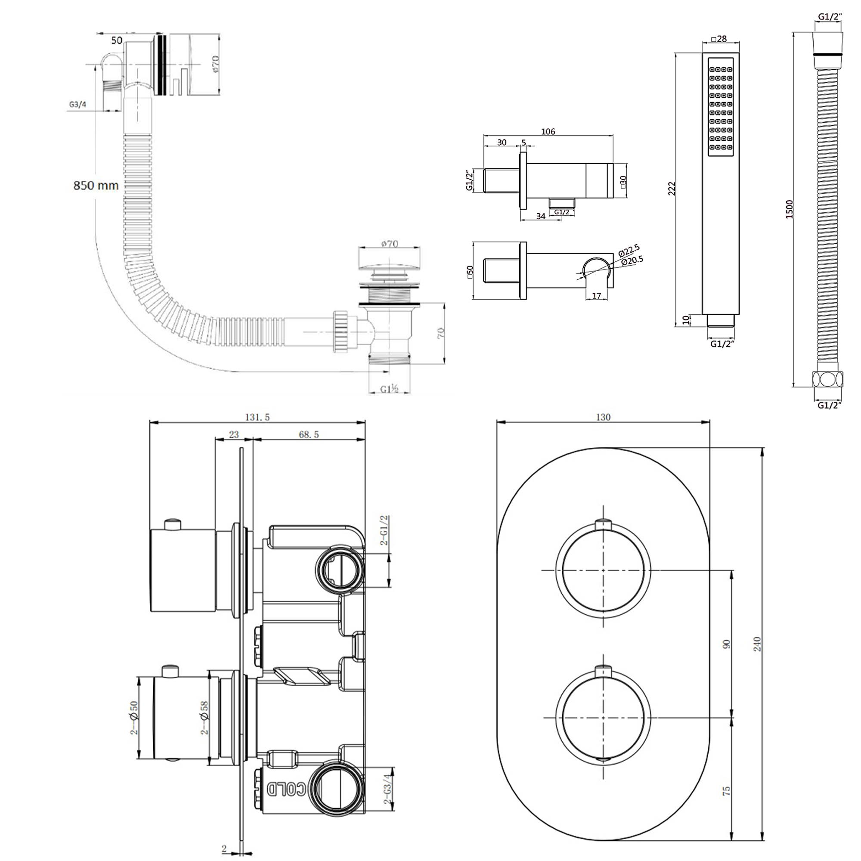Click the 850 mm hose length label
point(96,186)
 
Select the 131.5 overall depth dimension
point(257,417)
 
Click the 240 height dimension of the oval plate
point(757,644)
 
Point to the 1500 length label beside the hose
point(789,209)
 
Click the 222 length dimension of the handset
point(672,189)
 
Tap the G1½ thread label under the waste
point(389,389)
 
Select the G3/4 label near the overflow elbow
point(77,105)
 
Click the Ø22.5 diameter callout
point(629,250)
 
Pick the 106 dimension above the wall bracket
point(548,131)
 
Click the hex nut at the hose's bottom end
point(827,379)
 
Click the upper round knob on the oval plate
point(603,570)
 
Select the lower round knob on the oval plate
point(603,718)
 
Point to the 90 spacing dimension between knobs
point(726,644)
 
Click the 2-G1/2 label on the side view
point(384,530)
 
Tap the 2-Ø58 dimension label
point(204,718)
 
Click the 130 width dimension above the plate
point(603,417)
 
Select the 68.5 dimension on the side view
point(308,434)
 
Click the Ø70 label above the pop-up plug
point(390,244)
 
